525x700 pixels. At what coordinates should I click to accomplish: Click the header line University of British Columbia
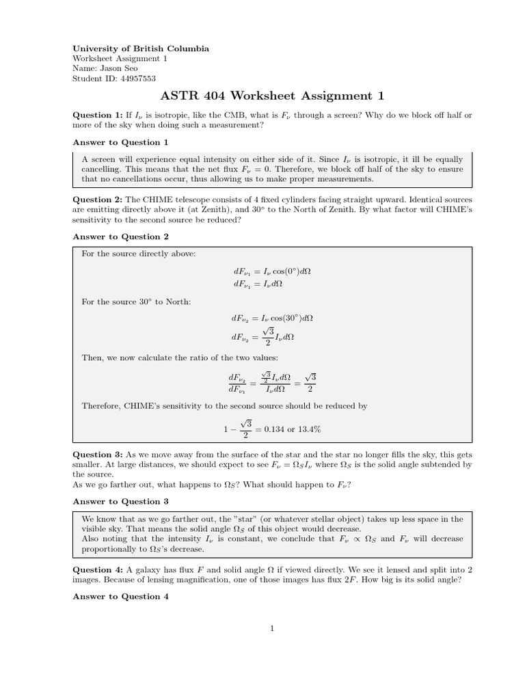coord(141,49)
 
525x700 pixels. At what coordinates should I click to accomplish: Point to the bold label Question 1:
coord(97,116)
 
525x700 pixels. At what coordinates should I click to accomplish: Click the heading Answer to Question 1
coord(120,142)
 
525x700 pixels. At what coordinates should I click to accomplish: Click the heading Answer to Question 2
coord(120,237)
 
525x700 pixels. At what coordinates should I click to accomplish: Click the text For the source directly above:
coord(139,254)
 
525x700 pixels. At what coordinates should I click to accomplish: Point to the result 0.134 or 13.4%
coord(293,429)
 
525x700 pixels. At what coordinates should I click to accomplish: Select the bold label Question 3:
coord(97,455)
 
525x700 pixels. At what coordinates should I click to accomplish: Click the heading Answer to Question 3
coord(120,501)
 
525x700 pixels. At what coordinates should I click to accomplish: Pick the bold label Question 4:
coord(97,569)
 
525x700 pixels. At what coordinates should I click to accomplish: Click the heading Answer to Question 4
coord(120,596)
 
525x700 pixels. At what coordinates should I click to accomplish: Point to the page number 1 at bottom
coord(272,630)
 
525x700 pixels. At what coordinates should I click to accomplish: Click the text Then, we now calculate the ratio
coord(180,358)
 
